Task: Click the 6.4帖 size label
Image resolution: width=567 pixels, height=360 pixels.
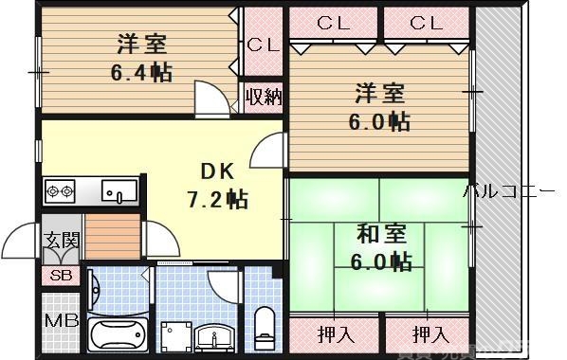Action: pyautogui.click(x=142, y=72)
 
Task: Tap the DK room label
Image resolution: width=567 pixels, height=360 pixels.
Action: pyautogui.click(x=215, y=172)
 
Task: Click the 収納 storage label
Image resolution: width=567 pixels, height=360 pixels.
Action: pyautogui.click(x=263, y=96)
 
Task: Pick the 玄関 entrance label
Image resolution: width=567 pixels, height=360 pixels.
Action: pyautogui.click(x=59, y=241)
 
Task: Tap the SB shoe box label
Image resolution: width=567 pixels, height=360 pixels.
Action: pyautogui.click(x=59, y=276)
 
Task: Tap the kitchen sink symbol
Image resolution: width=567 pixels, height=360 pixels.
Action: pyautogui.click(x=119, y=191)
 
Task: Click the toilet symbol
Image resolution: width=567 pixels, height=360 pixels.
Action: pyautogui.click(x=265, y=325)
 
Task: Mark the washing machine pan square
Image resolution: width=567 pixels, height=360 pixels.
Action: pyautogui.click(x=176, y=336)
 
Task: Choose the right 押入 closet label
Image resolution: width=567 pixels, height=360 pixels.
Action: pyautogui.click(x=430, y=333)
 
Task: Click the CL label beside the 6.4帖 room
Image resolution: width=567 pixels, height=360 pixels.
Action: pyautogui.click(x=263, y=45)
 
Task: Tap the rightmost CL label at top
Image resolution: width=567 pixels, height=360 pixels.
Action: pyautogui.click(x=427, y=23)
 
